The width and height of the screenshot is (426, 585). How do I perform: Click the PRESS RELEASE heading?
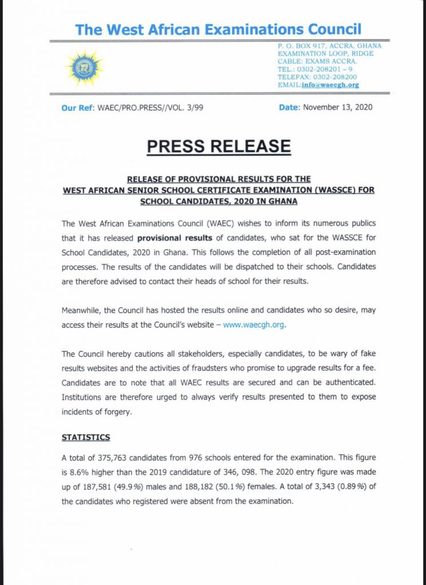pos(218,146)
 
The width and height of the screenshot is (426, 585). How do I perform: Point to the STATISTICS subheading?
pos(86,438)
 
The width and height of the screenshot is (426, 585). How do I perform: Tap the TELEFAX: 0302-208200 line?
pos(317,77)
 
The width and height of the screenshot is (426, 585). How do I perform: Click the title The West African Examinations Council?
pos(218,30)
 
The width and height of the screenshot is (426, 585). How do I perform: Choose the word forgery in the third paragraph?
pos(114,411)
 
